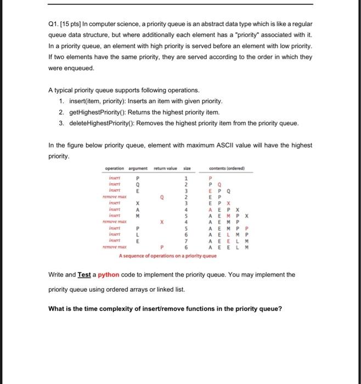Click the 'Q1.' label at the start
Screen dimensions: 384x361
point(54,25)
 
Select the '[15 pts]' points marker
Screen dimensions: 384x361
point(73,25)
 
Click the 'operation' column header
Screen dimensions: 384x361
point(115,168)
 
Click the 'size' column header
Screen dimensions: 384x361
point(187,168)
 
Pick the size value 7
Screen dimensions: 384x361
point(187,240)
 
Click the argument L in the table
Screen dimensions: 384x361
point(137,234)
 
